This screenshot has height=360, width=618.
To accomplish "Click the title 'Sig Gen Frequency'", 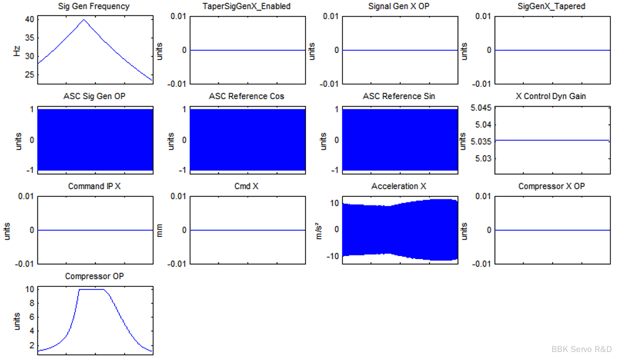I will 94,7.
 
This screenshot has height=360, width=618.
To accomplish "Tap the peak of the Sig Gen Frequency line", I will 84,19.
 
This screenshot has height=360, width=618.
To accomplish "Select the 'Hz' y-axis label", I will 17,50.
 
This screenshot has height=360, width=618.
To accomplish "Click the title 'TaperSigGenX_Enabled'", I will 247,7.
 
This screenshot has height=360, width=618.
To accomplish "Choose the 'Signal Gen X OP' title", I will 399,7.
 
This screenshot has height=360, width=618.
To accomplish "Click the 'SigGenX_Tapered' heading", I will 551,7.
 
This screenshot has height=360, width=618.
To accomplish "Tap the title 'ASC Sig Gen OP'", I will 94,97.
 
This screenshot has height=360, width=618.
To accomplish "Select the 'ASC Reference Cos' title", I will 247,97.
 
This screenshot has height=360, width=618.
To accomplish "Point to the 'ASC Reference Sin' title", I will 399,97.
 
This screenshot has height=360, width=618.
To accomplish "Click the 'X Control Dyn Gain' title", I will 551,97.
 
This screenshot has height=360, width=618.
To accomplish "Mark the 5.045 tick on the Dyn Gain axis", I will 481,108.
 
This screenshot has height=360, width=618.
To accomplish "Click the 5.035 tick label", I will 481,141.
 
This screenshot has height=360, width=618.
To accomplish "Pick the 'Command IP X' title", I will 94,186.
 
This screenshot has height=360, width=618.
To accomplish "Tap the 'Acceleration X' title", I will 399,186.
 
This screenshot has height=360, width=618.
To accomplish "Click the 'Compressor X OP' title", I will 551,186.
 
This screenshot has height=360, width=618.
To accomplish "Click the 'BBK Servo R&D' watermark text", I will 582,348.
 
